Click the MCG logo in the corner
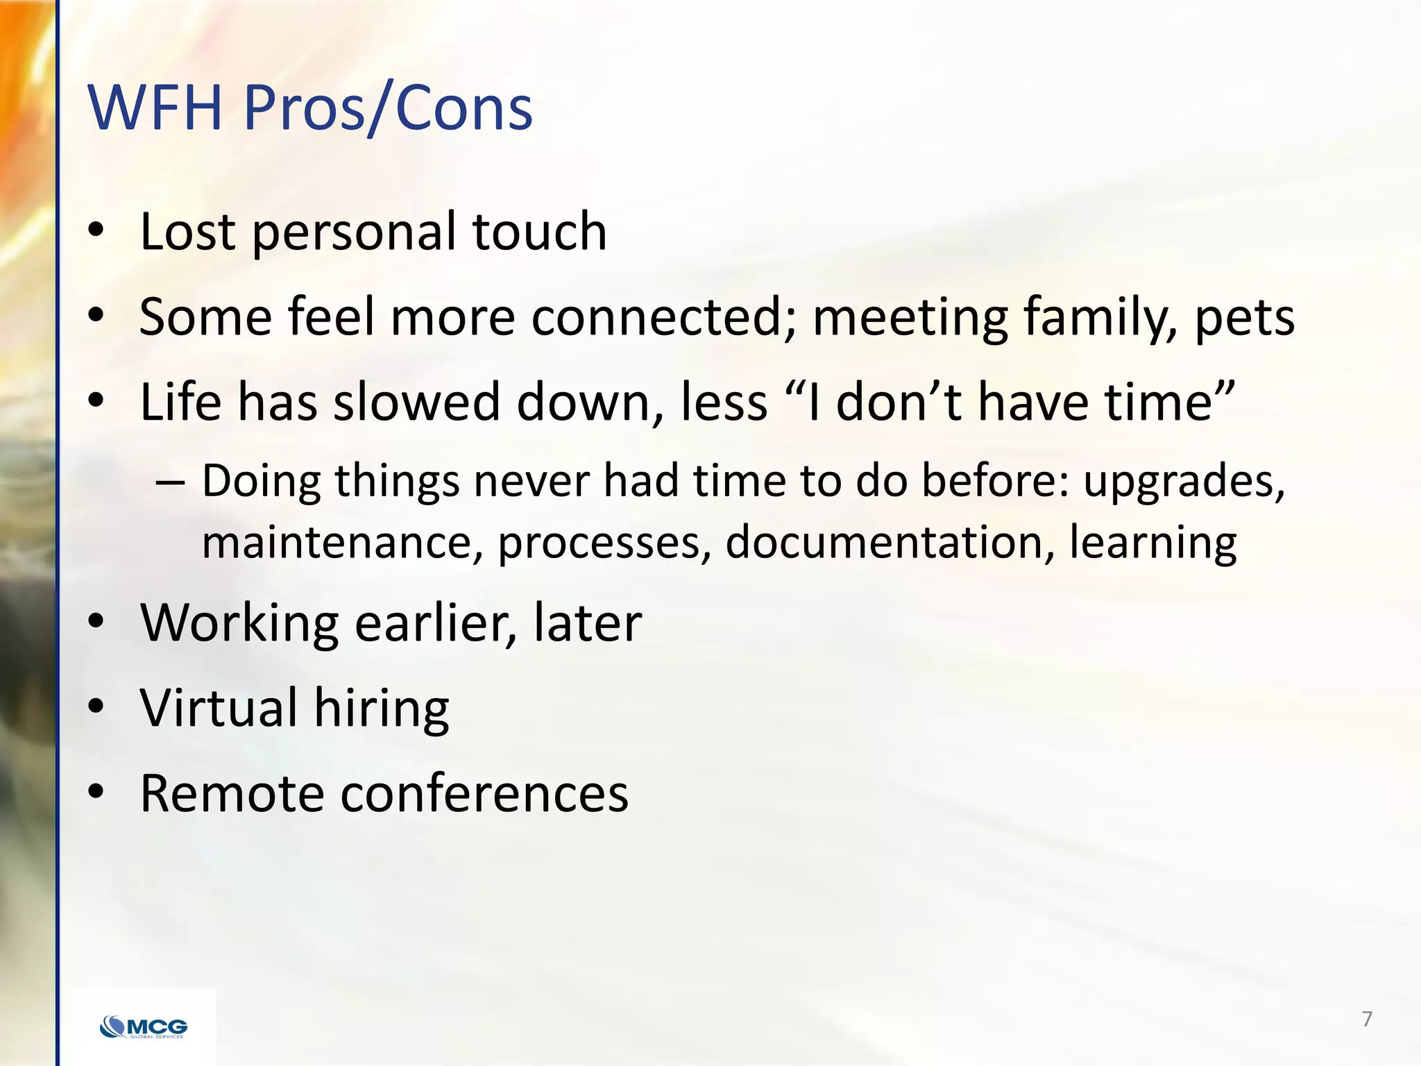click(x=144, y=1026)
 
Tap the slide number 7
click(x=1367, y=1019)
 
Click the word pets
click(x=1244, y=317)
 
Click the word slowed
click(x=416, y=402)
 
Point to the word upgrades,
click(x=1184, y=481)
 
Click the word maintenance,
click(x=342, y=542)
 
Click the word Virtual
click(x=219, y=707)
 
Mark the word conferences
click(x=484, y=793)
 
